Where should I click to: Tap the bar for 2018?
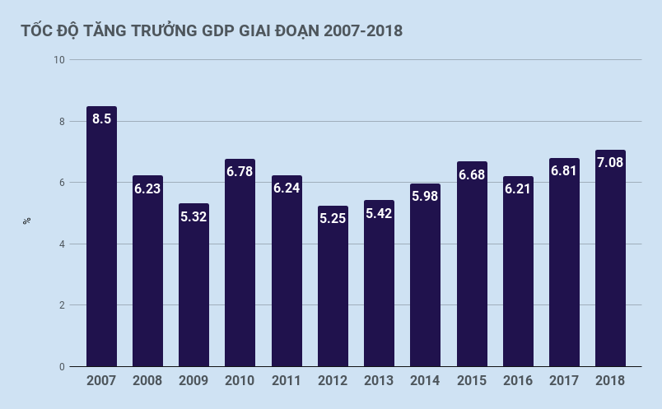pyautogui.click(x=610, y=258)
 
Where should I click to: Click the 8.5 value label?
pyautogui.click(x=101, y=119)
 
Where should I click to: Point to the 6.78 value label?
pyautogui.click(x=240, y=172)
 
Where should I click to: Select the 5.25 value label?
pyautogui.click(x=333, y=219)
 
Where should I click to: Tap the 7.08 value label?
pyautogui.click(x=610, y=162)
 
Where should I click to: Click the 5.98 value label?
pyautogui.click(x=425, y=196)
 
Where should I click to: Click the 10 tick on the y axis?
pyautogui.click(x=58, y=60)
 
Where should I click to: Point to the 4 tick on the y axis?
pyautogui.click(x=61, y=244)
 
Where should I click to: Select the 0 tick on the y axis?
pyautogui.click(x=61, y=367)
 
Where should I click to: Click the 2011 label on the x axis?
pyautogui.click(x=287, y=381)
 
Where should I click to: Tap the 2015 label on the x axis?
pyautogui.click(x=472, y=381)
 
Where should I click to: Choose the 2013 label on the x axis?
pyautogui.click(x=379, y=381)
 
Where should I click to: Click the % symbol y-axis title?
pyautogui.click(x=27, y=221)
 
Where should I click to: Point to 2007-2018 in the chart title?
pyautogui.click(x=363, y=31)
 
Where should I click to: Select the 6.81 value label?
pyautogui.click(x=564, y=171)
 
